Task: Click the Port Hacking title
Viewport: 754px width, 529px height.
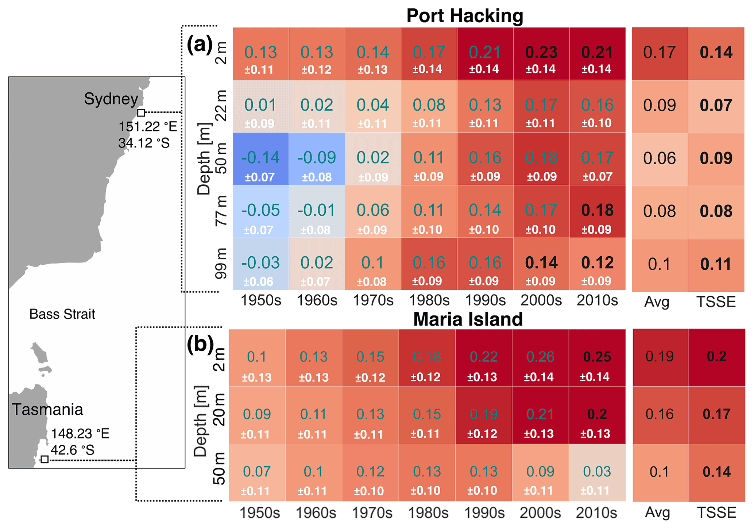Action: click(x=465, y=16)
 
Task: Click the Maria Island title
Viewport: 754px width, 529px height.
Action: click(x=468, y=319)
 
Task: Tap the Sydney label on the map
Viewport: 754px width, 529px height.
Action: click(x=111, y=99)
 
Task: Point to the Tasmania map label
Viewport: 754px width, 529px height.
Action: click(x=47, y=410)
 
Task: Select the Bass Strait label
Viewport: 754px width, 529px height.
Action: click(x=62, y=314)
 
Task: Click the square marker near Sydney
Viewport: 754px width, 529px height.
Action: click(x=141, y=112)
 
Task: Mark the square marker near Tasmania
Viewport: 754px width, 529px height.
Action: click(x=45, y=459)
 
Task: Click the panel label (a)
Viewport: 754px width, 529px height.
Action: click(x=200, y=45)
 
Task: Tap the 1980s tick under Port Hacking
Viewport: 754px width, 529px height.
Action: click(x=429, y=300)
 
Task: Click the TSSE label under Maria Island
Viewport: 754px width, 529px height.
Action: click(x=716, y=513)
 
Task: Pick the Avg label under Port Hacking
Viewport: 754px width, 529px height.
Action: click(x=657, y=302)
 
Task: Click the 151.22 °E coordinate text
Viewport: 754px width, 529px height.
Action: click(x=148, y=127)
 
